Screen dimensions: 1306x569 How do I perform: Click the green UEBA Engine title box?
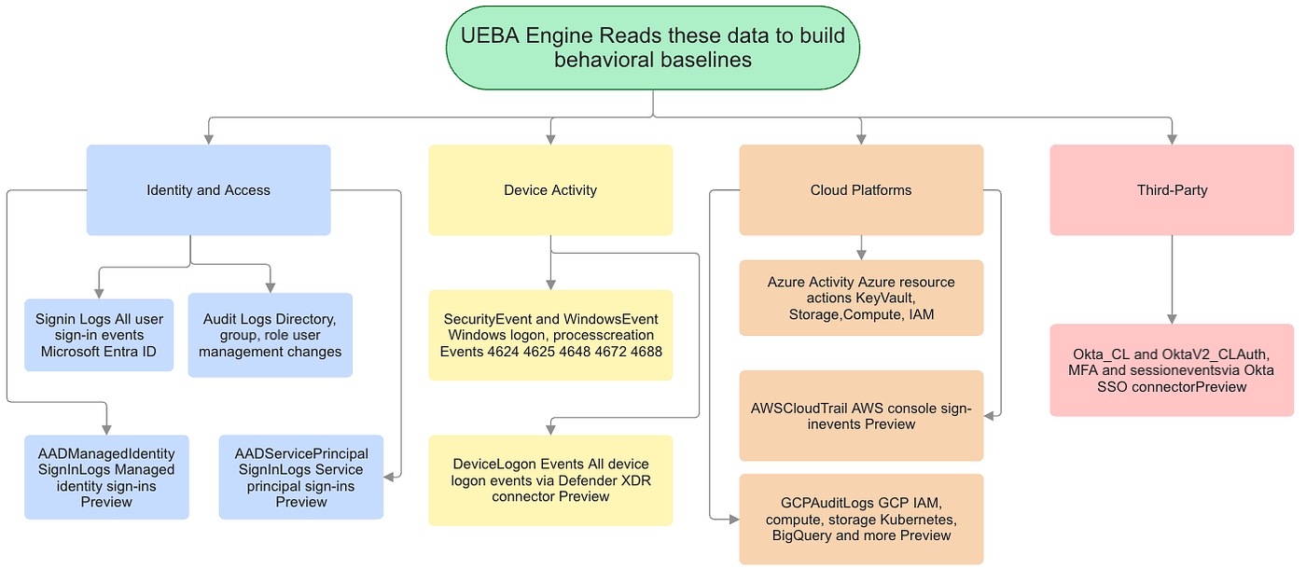(x=652, y=48)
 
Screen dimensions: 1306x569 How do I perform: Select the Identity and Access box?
(x=209, y=190)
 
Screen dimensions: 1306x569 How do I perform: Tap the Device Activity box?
(x=550, y=190)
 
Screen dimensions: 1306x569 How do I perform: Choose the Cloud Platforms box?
(x=861, y=190)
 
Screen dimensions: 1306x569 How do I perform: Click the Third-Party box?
(x=1172, y=190)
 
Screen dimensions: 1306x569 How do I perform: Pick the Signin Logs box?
(x=99, y=335)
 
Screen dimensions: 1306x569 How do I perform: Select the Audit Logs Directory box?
(x=270, y=335)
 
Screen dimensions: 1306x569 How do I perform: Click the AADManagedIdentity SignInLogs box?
(x=106, y=478)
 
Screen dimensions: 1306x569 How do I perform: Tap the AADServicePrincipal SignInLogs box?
(x=300, y=478)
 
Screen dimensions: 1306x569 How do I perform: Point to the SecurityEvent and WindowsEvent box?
(x=550, y=335)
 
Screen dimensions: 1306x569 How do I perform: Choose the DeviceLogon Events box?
(x=550, y=480)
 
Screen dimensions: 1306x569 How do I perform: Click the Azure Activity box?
(x=861, y=298)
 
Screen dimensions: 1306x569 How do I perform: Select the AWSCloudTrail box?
(x=861, y=416)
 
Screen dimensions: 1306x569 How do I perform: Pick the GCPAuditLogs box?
(x=861, y=519)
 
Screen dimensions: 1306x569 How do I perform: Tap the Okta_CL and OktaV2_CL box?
(x=1172, y=370)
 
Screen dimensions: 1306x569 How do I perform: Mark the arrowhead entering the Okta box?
(x=1172, y=319)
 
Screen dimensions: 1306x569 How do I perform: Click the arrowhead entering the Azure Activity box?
(x=861, y=255)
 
